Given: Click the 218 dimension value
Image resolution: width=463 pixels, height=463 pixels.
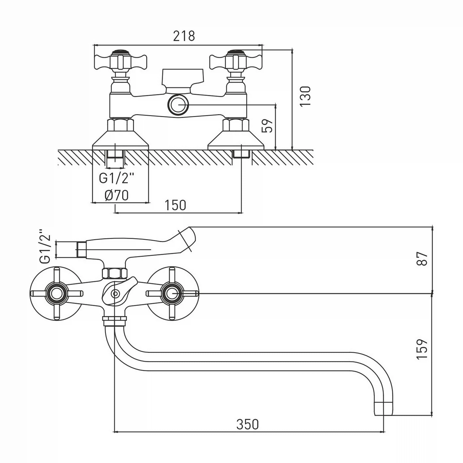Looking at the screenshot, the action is [184, 36].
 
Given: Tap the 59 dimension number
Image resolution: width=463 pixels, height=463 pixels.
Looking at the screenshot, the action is [268, 125].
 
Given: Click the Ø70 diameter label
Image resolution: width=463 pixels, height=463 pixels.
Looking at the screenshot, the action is [116, 195].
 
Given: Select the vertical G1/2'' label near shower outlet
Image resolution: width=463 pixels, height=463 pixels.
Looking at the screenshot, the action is [45, 246].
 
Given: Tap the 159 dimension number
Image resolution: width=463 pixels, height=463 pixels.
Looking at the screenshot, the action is [422, 349].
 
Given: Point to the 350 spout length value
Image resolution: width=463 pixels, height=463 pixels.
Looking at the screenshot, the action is [248, 424].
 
